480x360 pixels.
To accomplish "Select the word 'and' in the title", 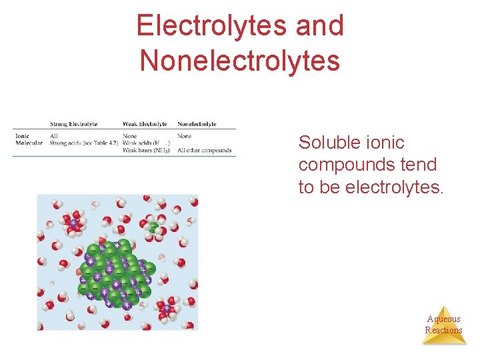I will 319,27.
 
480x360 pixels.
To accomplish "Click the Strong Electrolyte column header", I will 73,124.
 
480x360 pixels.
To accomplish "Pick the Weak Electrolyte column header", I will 145,124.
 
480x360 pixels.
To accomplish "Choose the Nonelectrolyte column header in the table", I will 197,124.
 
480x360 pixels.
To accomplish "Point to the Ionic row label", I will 21,136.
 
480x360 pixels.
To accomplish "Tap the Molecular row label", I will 29,143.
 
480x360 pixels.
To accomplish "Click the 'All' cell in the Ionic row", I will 54,136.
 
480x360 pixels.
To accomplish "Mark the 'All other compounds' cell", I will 205,150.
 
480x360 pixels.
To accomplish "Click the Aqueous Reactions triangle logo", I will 444,325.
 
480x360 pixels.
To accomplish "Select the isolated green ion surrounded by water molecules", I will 154,227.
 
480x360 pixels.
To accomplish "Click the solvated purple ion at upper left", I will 73,223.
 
